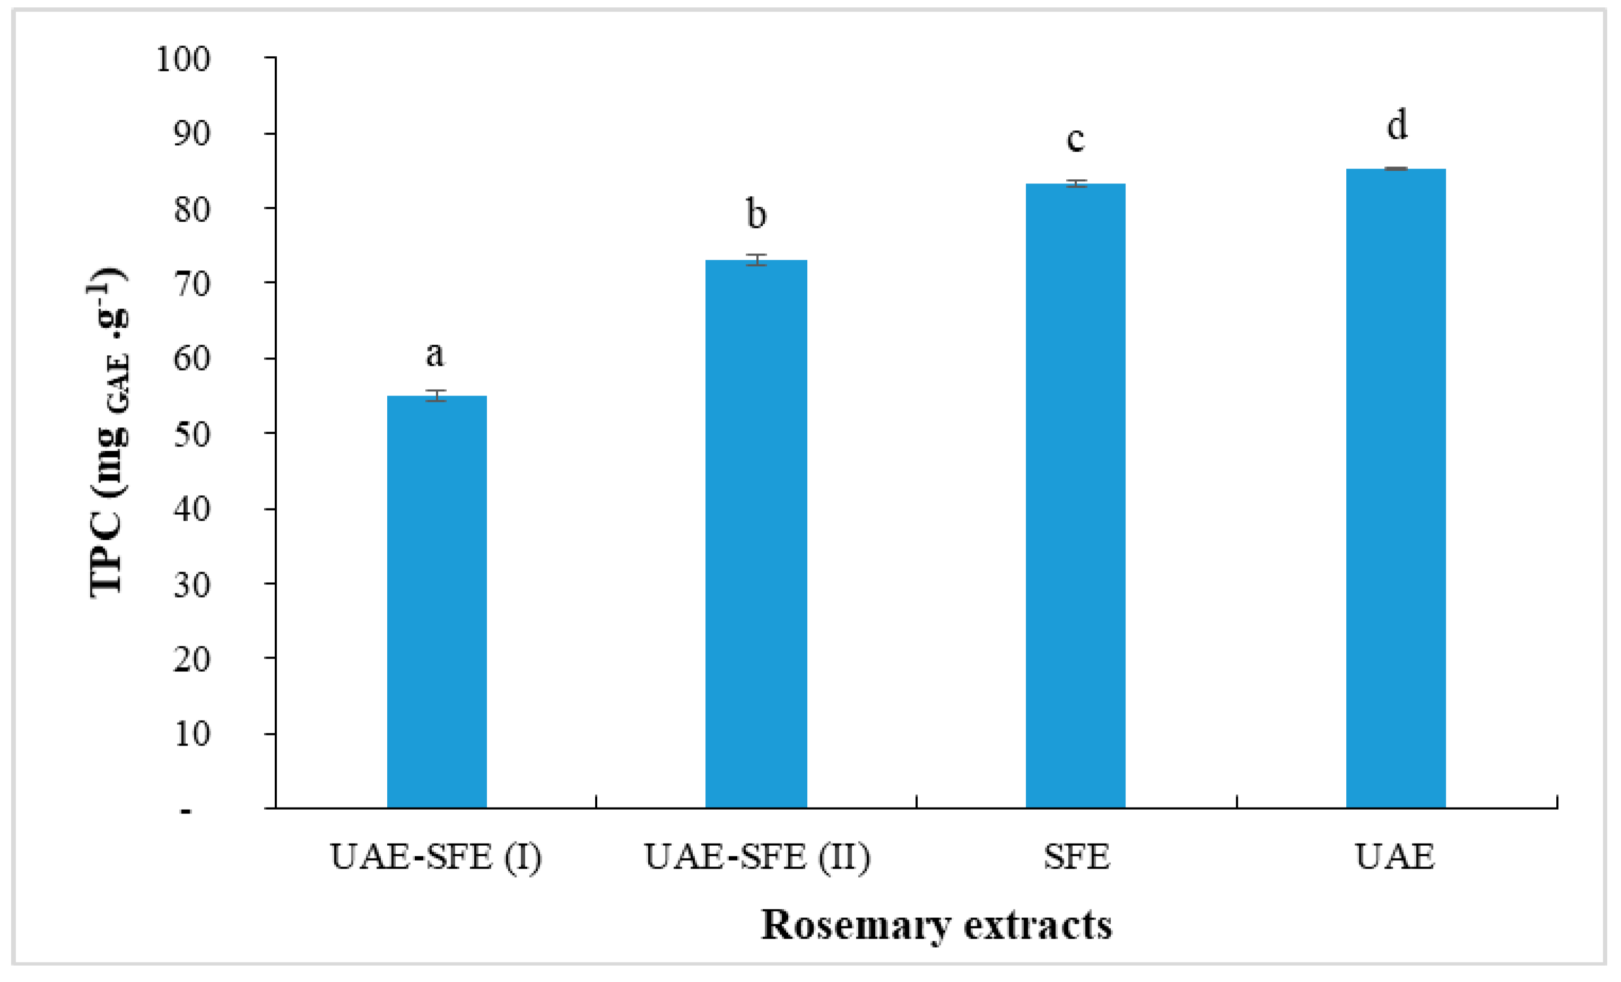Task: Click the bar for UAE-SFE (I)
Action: click(x=437, y=602)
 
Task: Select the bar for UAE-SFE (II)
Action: click(x=756, y=533)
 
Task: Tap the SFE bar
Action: click(x=1076, y=495)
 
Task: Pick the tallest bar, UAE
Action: click(x=1396, y=488)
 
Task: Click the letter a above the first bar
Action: click(x=435, y=355)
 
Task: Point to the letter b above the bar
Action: click(x=756, y=214)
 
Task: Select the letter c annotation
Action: click(x=1076, y=139)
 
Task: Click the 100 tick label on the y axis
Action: click(x=183, y=59)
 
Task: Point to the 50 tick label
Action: click(x=191, y=434)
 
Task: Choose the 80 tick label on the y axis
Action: click(x=191, y=210)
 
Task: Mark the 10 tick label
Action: click(x=191, y=733)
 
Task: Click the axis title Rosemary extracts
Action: click(x=936, y=925)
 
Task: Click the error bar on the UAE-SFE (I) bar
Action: click(x=435, y=396)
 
